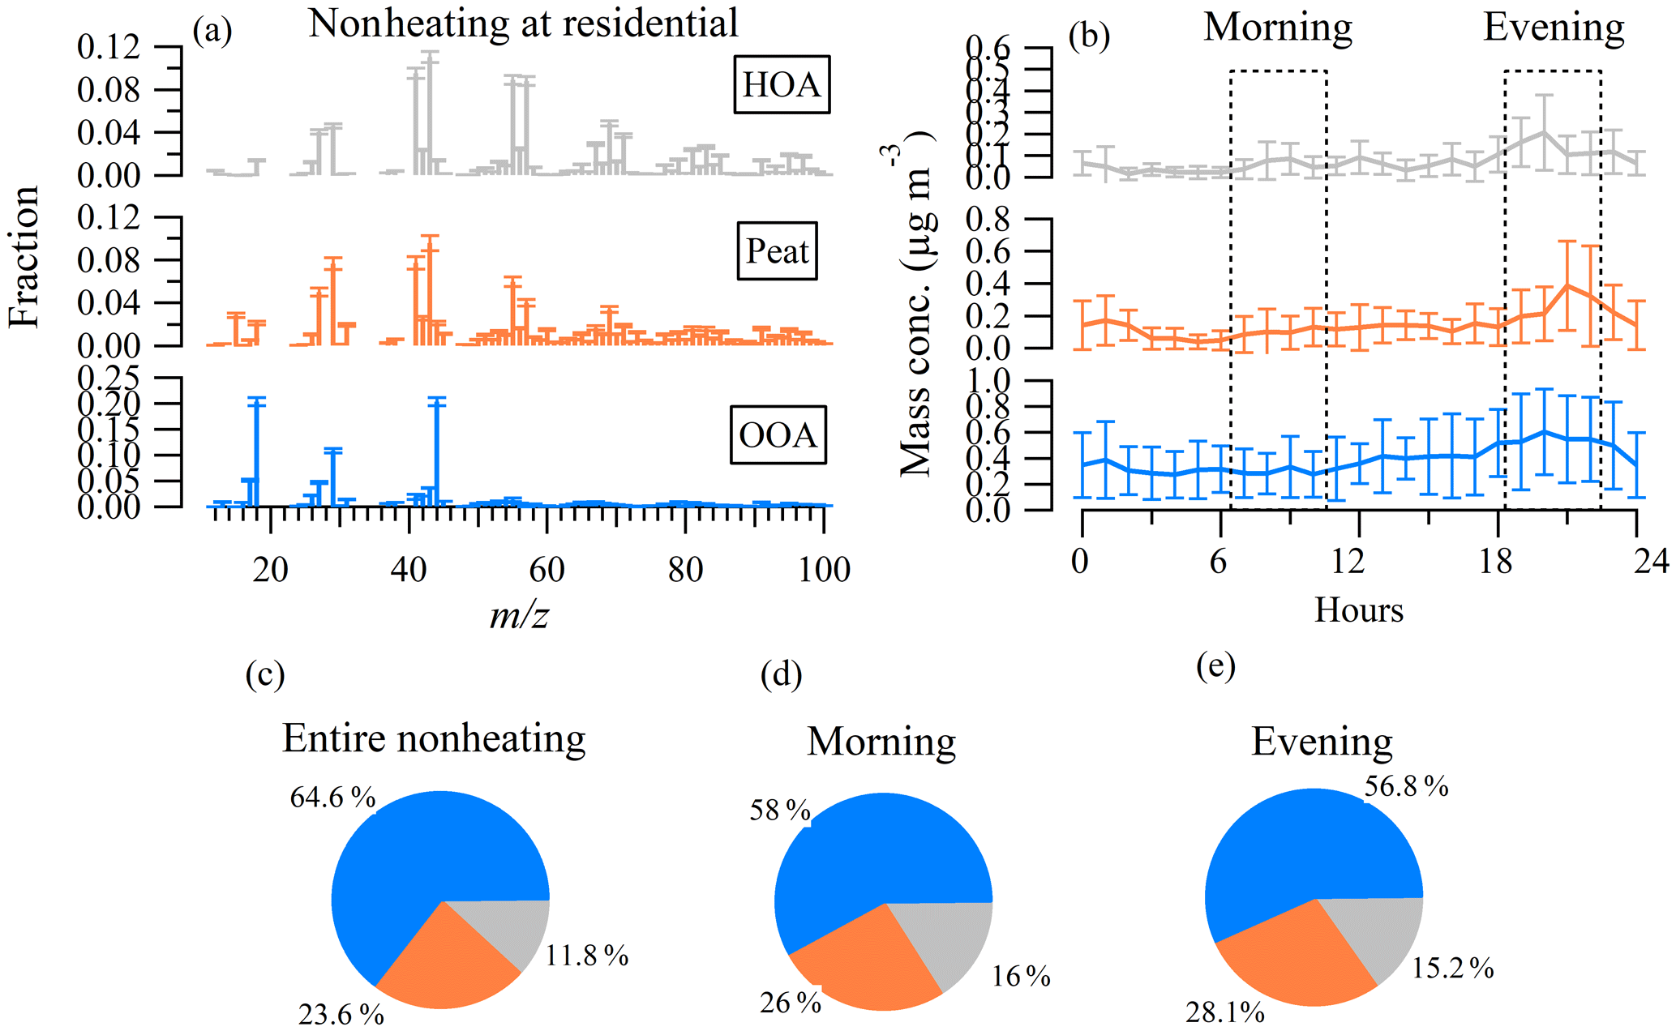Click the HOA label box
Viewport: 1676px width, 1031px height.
tap(781, 84)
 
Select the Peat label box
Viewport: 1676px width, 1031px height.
tap(777, 250)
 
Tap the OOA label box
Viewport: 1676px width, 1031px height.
tap(778, 435)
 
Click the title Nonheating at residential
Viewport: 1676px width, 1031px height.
tap(523, 23)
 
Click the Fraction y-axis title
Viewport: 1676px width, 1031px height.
tap(24, 256)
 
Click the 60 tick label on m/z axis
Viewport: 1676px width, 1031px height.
tap(547, 570)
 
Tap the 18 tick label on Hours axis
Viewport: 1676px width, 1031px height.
tap(1495, 561)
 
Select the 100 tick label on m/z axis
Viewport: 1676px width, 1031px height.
tap(824, 570)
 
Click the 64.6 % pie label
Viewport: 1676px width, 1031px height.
tap(332, 798)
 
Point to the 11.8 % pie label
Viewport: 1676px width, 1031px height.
tap(586, 956)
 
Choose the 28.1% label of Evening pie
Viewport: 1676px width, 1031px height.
tap(1224, 1012)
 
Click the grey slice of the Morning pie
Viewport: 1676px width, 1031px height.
tap(957, 940)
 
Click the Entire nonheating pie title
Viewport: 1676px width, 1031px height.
tap(434, 738)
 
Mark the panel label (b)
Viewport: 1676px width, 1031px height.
tap(1089, 36)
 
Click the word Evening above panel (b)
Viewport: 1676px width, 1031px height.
tap(1554, 28)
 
